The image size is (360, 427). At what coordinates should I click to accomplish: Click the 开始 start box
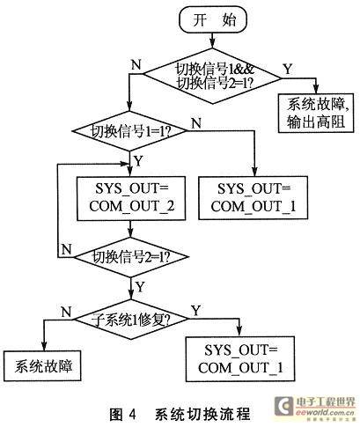pyautogui.click(x=213, y=20)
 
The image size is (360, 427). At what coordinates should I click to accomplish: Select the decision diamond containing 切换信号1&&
pyautogui.click(x=212, y=77)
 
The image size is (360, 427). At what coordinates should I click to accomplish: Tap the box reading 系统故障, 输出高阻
pyautogui.click(x=316, y=114)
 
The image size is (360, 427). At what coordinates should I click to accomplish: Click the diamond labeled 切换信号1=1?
pyautogui.click(x=129, y=131)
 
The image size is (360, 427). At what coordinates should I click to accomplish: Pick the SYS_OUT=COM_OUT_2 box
pyautogui.click(x=131, y=198)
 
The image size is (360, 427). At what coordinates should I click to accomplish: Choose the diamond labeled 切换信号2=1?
pyautogui.click(x=131, y=257)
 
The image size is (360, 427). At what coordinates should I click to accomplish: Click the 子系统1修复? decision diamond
pyautogui.click(x=130, y=320)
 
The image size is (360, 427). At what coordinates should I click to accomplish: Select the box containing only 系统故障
pyautogui.click(x=42, y=365)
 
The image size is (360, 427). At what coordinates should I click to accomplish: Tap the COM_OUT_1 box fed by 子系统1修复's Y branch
pyautogui.click(x=240, y=358)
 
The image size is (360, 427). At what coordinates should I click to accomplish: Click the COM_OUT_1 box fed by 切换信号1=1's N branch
pyautogui.click(x=253, y=198)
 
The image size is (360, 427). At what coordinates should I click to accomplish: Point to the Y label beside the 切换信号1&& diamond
pyautogui.click(x=288, y=69)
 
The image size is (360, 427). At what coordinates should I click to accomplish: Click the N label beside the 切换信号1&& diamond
pyautogui.click(x=136, y=64)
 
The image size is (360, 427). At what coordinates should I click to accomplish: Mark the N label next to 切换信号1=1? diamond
pyautogui.click(x=196, y=123)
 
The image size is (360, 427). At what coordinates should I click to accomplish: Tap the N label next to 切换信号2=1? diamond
pyautogui.click(x=67, y=250)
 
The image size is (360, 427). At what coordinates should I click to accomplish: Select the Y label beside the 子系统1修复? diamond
pyautogui.click(x=195, y=311)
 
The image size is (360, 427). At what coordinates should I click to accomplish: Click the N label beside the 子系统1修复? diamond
pyautogui.click(x=66, y=312)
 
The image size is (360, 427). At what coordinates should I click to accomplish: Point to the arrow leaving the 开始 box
pyautogui.click(x=213, y=40)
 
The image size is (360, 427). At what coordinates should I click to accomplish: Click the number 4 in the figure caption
pyautogui.click(x=132, y=415)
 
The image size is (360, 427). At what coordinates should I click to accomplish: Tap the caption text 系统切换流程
pyautogui.click(x=203, y=415)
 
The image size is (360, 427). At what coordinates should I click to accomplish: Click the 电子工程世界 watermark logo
pyautogui.click(x=315, y=407)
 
